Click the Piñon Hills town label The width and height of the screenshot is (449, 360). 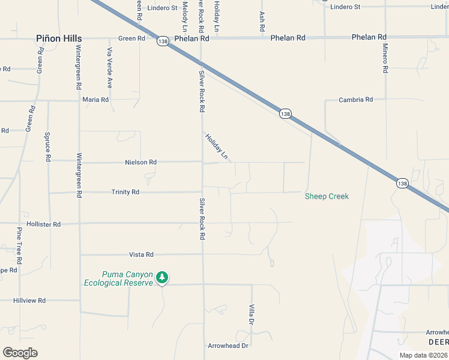(x=58, y=38)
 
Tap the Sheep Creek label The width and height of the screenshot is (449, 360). (x=327, y=196)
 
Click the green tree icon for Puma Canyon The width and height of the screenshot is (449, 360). (x=161, y=277)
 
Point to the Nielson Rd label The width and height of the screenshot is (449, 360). (x=140, y=162)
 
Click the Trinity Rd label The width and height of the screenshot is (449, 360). (x=125, y=192)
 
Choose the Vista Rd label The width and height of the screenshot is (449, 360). (x=142, y=254)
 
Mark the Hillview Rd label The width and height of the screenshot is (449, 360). (x=29, y=301)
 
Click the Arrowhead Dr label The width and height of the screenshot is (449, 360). (x=228, y=346)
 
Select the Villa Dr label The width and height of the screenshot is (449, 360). (x=252, y=314)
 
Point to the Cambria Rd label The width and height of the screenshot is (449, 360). (x=356, y=100)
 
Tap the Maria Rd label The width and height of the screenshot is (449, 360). (x=96, y=100)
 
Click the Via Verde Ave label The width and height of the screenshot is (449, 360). (x=110, y=67)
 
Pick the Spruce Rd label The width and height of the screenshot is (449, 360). (x=47, y=147)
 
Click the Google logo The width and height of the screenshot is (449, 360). (x=20, y=353)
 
